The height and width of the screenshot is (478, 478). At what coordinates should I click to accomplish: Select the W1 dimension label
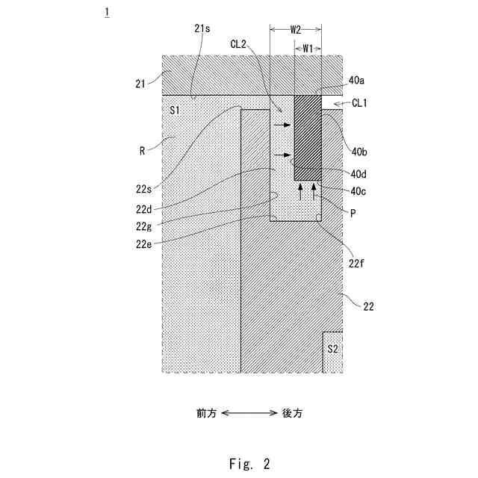308,48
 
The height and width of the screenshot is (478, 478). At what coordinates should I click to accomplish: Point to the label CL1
358,103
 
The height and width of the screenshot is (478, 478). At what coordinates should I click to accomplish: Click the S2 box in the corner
332,349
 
